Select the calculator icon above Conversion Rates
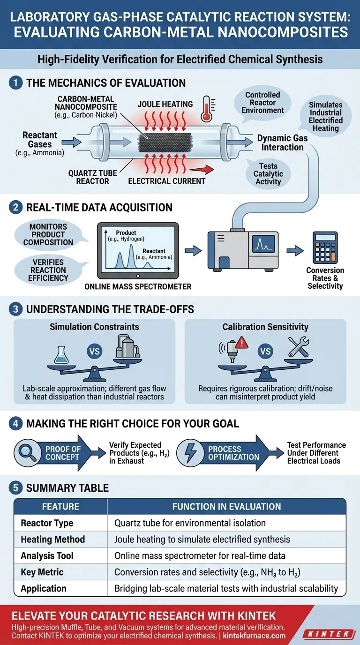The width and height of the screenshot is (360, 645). [325, 248]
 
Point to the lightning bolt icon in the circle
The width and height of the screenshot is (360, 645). [191, 453]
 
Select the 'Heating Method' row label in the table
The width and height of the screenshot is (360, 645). [53, 539]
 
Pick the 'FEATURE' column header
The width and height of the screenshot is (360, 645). [60, 506]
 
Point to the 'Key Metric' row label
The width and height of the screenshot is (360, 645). [42, 572]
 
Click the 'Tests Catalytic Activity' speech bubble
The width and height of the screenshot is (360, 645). [268, 174]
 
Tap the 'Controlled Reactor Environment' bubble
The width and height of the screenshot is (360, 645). [262, 103]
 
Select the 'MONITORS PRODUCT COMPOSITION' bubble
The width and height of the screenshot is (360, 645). [48, 234]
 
